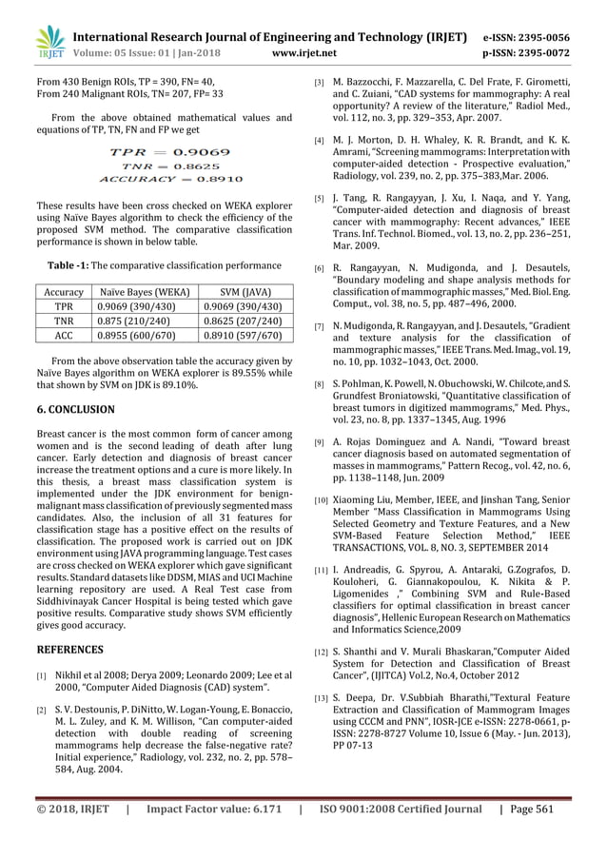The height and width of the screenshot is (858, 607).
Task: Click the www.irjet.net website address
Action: [x=304, y=54]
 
